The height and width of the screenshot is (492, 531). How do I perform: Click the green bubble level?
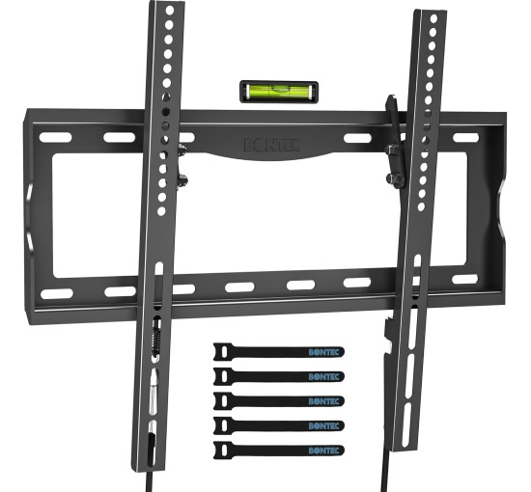pyautogui.click(x=279, y=92)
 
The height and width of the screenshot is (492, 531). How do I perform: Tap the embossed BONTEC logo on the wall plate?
pyautogui.click(x=272, y=145)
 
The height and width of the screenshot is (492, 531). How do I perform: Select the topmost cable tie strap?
pyautogui.click(x=279, y=352)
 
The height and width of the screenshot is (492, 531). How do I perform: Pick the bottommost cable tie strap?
pyautogui.click(x=279, y=451)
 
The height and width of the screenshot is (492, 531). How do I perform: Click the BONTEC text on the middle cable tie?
pyautogui.click(x=323, y=401)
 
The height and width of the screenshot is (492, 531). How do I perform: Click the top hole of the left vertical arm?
pyautogui.click(x=170, y=11)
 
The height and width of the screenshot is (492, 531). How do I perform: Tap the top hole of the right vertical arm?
pyautogui.click(x=433, y=18)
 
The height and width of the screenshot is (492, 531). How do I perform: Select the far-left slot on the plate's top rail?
pyautogui.click(x=56, y=137)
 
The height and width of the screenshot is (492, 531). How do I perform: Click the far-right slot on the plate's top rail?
pyautogui.click(x=466, y=138)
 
